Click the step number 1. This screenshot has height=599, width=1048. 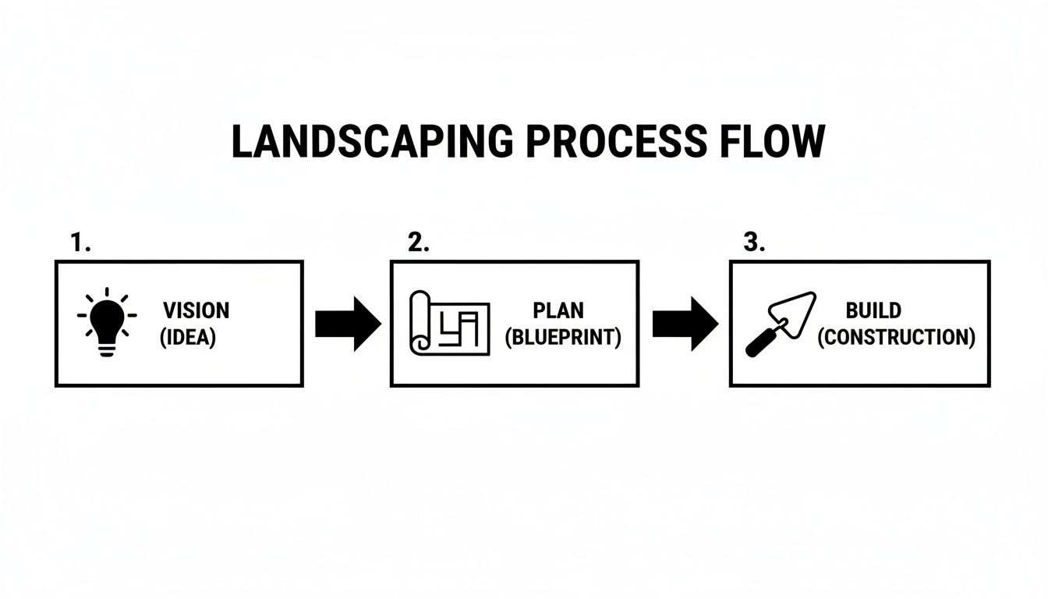coord(80,243)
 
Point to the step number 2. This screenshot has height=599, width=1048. coord(418,243)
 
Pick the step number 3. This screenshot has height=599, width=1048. coord(753,243)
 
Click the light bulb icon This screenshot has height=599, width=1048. coord(107,322)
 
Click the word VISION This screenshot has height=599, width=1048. coord(196,310)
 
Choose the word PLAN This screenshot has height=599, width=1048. coord(558,310)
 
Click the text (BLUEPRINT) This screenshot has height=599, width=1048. coord(563,338)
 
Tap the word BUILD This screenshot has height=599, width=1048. coord(873,310)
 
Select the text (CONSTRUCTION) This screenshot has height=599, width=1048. coord(896,338)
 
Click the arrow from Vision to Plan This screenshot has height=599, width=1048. coord(347,323)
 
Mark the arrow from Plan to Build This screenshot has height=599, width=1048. coord(685,323)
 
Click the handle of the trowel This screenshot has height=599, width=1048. coord(759,344)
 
